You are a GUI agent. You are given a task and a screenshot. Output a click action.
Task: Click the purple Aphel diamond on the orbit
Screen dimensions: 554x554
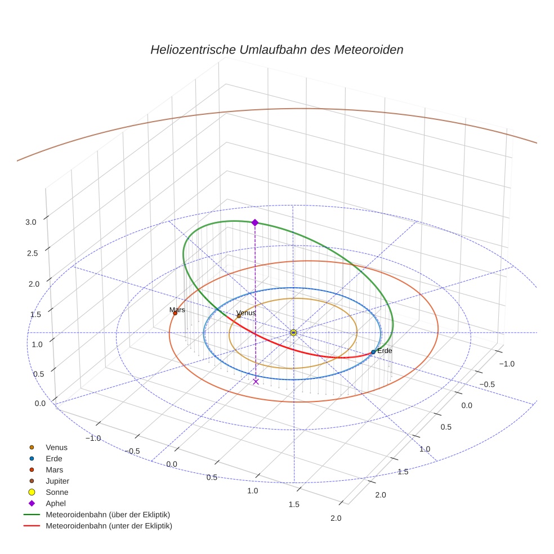255,222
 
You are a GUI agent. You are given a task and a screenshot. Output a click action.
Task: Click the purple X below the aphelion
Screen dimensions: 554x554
256,381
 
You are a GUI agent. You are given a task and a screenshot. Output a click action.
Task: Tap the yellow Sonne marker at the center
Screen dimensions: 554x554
293,333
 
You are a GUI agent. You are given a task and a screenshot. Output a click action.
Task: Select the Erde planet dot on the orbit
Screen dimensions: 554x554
373,352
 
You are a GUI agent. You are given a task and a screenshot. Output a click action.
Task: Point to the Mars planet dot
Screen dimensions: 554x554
175,313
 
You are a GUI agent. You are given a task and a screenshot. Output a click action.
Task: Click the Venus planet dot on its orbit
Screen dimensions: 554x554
239,316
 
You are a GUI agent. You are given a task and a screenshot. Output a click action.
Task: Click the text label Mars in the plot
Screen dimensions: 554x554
177,310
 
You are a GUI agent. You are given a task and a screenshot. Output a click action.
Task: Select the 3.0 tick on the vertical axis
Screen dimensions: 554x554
31,222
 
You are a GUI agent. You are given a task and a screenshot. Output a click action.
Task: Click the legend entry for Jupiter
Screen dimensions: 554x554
57,481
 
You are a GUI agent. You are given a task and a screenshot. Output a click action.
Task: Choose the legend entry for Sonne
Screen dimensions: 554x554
57,492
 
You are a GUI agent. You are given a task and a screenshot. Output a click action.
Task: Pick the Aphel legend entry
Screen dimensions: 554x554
56,503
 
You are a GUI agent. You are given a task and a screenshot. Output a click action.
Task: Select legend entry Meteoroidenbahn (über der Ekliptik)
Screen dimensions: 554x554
108,515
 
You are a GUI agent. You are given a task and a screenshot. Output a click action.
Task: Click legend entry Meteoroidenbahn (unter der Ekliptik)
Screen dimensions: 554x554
109,526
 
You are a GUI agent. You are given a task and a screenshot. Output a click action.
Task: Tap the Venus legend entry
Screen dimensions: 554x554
56,447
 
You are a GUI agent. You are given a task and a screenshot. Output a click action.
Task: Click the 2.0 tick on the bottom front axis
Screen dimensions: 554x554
336,518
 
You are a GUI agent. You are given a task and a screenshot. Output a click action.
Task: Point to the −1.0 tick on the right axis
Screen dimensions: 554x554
507,364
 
